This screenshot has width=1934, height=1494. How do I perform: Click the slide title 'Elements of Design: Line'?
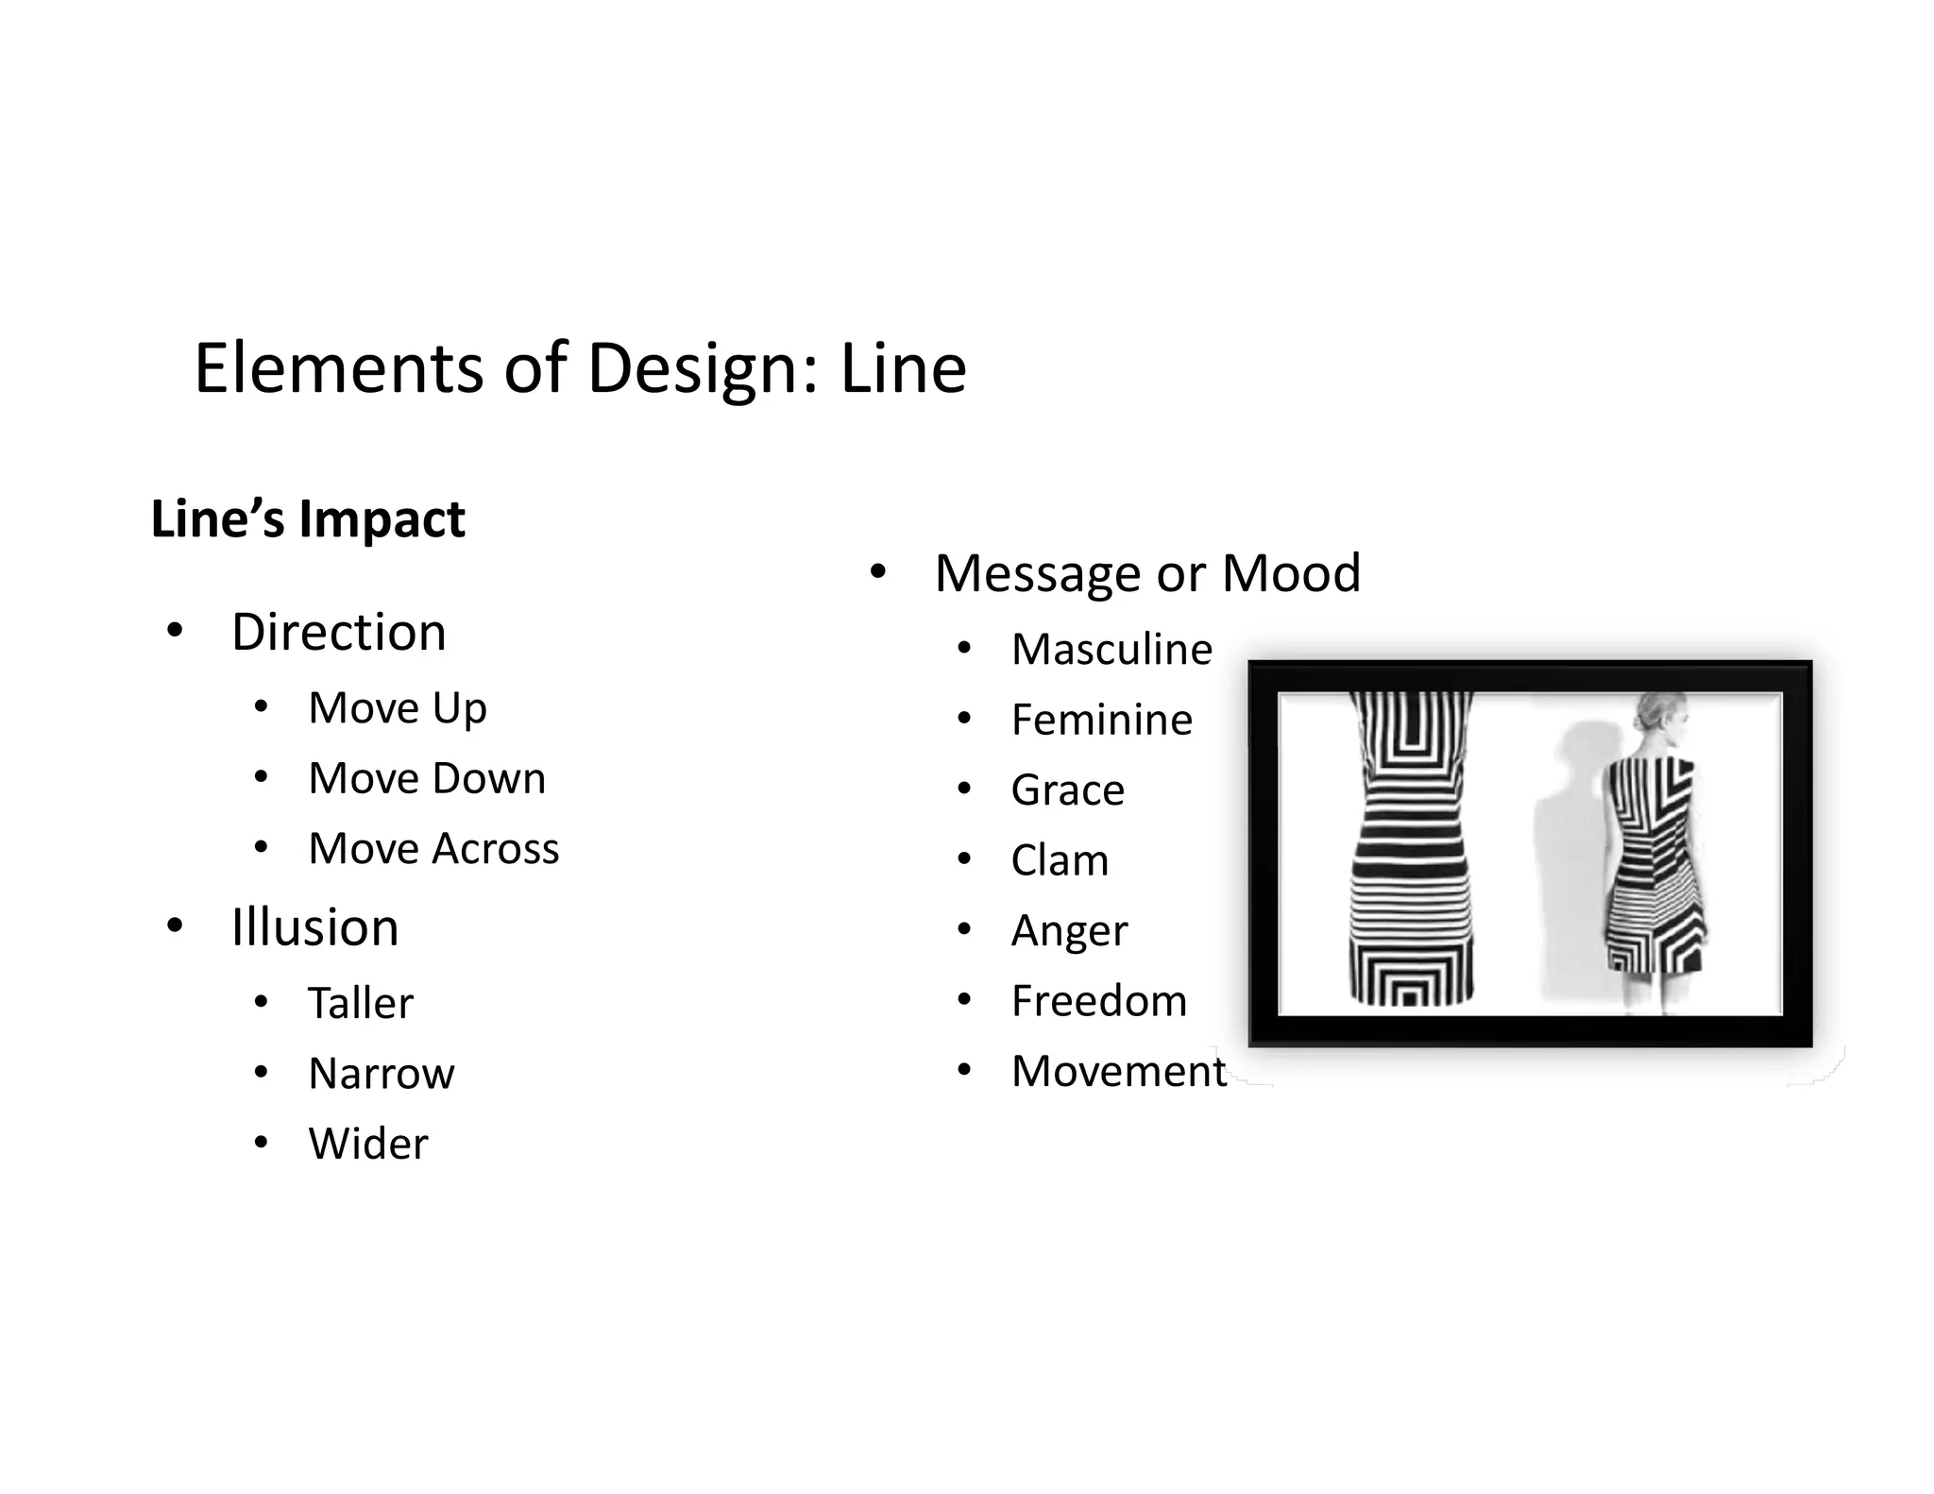pos(580,368)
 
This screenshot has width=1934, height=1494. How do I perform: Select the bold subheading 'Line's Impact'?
pos(308,519)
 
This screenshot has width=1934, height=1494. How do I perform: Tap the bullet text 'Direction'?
pos(338,632)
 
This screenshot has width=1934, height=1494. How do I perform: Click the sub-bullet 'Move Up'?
pos(397,708)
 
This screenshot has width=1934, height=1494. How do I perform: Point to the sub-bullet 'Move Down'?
pos(427,779)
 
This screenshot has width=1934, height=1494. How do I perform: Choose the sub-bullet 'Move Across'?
pos(433,849)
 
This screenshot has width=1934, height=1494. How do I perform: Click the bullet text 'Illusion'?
pos(314,927)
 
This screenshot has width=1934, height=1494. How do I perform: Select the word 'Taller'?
pos(361,1003)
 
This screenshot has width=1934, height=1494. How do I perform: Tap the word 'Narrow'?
pos(381,1074)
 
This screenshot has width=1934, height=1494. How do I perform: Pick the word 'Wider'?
pos(368,1145)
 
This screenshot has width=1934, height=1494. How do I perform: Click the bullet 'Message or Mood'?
pos(1147,573)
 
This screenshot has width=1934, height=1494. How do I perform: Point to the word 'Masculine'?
pos(1111,650)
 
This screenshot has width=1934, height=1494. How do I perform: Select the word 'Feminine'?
pos(1101,721)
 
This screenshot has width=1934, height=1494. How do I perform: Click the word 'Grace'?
pos(1067,790)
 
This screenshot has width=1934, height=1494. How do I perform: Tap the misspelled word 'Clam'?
pos(1060,861)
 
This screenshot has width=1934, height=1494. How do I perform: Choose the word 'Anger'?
pos(1069,931)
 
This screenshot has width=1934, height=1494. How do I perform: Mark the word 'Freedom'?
pos(1098,1001)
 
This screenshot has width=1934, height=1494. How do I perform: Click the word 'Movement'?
pos(1118,1072)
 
